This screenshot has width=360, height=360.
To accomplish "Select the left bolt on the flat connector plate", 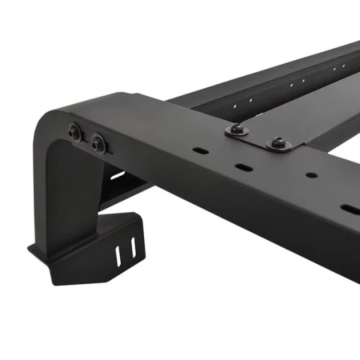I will [x=234, y=129].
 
